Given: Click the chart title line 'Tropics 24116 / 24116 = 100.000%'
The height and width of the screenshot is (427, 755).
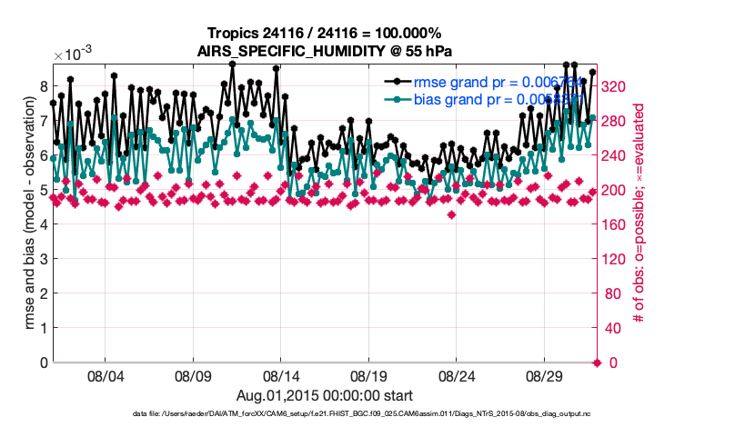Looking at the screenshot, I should (x=325, y=33).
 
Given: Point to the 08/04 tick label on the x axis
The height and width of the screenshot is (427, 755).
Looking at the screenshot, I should (x=104, y=374).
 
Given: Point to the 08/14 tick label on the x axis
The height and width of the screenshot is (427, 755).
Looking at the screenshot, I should (x=281, y=374).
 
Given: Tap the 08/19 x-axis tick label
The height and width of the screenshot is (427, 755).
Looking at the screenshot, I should (x=369, y=374).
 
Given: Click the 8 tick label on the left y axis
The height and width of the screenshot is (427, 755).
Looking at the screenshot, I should (x=42, y=86).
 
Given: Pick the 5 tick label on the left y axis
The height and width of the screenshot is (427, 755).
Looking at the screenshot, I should (x=42, y=190).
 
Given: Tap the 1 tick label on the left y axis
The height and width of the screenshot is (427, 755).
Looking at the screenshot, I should (x=42, y=328).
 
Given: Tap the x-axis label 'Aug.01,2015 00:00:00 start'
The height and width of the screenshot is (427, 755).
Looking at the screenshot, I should (x=325, y=395).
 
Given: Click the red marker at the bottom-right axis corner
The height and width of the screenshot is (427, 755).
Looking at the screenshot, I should (x=597, y=362).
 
